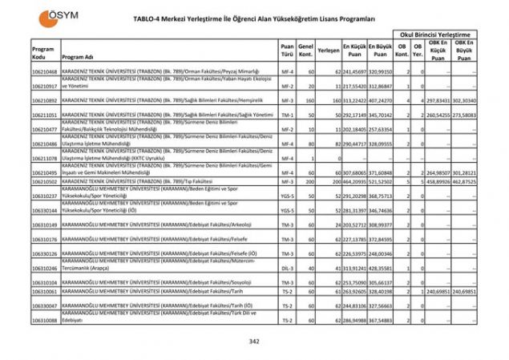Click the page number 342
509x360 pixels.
coord(254,341)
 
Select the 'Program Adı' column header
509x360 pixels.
coord(79,58)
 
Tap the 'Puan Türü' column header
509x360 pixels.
coord(287,52)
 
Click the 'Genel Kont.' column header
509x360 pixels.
coord(305,52)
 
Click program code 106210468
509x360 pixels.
coord(44,72)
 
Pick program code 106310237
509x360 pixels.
coord(44,196)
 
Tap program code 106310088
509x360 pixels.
coord(44,320)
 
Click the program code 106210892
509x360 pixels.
coord(44,101)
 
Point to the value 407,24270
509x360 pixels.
coord(382,101)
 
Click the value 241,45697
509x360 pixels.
coord(355,72)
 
